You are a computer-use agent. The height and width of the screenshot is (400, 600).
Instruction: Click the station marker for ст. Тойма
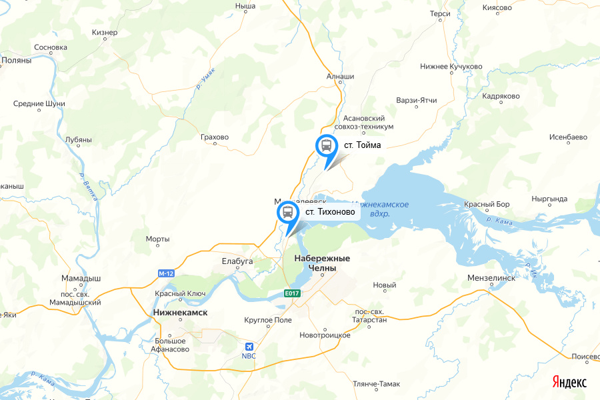[326, 145]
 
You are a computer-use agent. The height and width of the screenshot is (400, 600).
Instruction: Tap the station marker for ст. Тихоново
[287, 213]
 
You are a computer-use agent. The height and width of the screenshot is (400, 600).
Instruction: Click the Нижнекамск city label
[180, 312]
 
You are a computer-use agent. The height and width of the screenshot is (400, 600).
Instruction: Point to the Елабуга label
[237, 261]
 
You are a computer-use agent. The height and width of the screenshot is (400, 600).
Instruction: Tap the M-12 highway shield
[166, 273]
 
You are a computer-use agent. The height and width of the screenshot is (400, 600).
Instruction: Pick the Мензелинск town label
[492, 278]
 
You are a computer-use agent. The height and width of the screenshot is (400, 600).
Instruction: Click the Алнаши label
[340, 77]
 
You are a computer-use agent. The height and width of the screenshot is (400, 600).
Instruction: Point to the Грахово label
[214, 137]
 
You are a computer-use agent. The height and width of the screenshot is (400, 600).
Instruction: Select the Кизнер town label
[105, 32]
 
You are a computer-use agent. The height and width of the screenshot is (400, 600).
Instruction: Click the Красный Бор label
[487, 203]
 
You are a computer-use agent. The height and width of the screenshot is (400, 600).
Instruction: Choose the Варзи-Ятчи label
[417, 101]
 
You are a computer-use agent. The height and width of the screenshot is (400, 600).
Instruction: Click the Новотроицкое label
[325, 335]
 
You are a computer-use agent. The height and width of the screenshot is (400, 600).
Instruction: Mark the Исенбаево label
[568, 137]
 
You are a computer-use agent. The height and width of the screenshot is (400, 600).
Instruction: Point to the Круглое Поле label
[268, 321]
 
